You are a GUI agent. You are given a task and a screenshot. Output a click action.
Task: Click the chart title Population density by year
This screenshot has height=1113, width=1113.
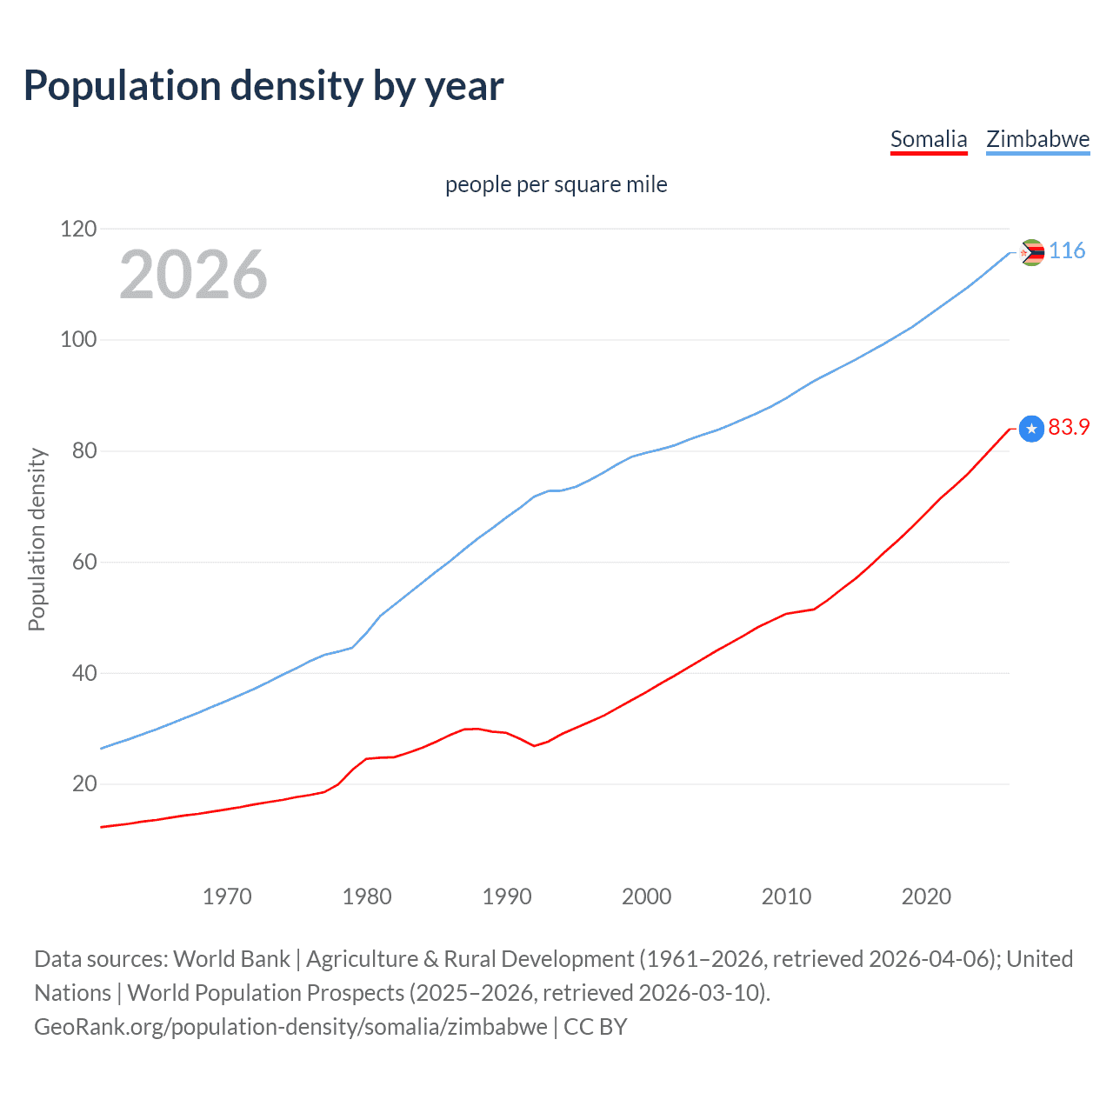pyautogui.click(x=263, y=86)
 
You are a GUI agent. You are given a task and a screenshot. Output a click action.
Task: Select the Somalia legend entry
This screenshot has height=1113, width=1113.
pyautogui.click(x=929, y=139)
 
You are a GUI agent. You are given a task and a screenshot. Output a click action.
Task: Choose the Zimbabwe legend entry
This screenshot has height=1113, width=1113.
pyautogui.click(x=1037, y=139)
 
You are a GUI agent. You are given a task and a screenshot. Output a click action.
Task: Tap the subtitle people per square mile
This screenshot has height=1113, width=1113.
pyautogui.click(x=556, y=184)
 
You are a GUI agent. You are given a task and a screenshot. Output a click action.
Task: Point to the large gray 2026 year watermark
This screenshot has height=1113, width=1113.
pyautogui.click(x=193, y=275)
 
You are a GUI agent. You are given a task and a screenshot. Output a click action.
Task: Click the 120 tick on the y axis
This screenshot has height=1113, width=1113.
pyautogui.click(x=78, y=229)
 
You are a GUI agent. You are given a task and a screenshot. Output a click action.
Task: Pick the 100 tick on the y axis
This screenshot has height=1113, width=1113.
pyautogui.click(x=78, y=339)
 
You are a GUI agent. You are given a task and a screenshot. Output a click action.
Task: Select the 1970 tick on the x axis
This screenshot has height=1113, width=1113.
pyautogui.click(x=227, y=896)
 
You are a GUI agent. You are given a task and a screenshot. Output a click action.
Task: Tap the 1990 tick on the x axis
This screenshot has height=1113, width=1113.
pyautogui.click(x=507, y=896)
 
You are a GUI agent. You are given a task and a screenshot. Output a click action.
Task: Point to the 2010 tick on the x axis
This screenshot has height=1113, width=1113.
pyautogui.click(x=786, y=896)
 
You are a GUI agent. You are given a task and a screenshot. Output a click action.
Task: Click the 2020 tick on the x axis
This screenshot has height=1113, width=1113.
pyautogui.click(x=926, y=896)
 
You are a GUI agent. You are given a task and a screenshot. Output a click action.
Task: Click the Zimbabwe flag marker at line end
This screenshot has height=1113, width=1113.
pyautogui.click(x=1031, y=252)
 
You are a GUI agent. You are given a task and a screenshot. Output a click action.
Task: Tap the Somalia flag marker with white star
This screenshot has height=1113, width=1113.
pyautogui.click(x=1031, y=429)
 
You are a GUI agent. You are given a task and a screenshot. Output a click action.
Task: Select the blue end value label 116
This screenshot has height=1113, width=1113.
pyautogui.click(x=1066, y=251)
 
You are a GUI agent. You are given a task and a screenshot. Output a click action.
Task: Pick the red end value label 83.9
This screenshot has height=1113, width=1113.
pyautogui.click(x=1069, y=427)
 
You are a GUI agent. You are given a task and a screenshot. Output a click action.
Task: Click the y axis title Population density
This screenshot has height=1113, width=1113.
pyautogui.click(x=37, y=539)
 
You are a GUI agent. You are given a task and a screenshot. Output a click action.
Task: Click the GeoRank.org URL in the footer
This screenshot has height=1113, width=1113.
pyautogui.click(x=290, y=1027)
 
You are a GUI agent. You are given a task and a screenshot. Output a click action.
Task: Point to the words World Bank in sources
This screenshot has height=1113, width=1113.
pyautogui.click(x=231, y=959)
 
